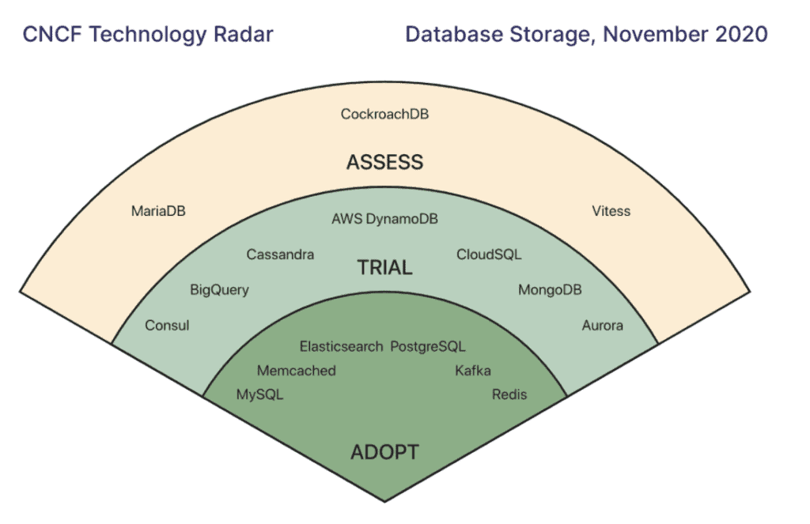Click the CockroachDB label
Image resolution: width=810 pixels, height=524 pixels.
point(384,114)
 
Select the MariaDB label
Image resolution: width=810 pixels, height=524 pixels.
point(158,211)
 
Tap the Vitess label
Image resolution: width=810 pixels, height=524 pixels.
point(611,211)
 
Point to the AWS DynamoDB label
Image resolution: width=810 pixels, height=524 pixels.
point(384,219)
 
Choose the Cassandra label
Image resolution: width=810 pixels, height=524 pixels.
point(280,254)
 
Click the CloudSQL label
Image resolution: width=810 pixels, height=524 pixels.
point(489,254)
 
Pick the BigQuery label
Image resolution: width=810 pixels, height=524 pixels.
point(219,290)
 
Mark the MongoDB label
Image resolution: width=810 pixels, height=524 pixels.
point(550,290)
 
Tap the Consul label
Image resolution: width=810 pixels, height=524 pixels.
point(167,326)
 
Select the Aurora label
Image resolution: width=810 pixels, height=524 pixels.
point(602,326)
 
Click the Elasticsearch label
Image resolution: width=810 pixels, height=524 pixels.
point(342,346)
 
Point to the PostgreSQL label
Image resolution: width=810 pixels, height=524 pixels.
point(428,346)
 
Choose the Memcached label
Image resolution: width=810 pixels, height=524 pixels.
point(297,371)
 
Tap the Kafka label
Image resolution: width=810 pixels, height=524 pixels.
point(473,371)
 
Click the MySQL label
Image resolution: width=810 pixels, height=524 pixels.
point(259,394)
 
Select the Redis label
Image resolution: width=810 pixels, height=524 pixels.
point(509,394)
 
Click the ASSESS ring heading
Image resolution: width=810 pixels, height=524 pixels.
point(384,162)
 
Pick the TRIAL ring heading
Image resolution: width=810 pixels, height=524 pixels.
point(384,267)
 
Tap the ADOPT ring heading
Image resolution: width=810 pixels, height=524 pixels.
point(384,452)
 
